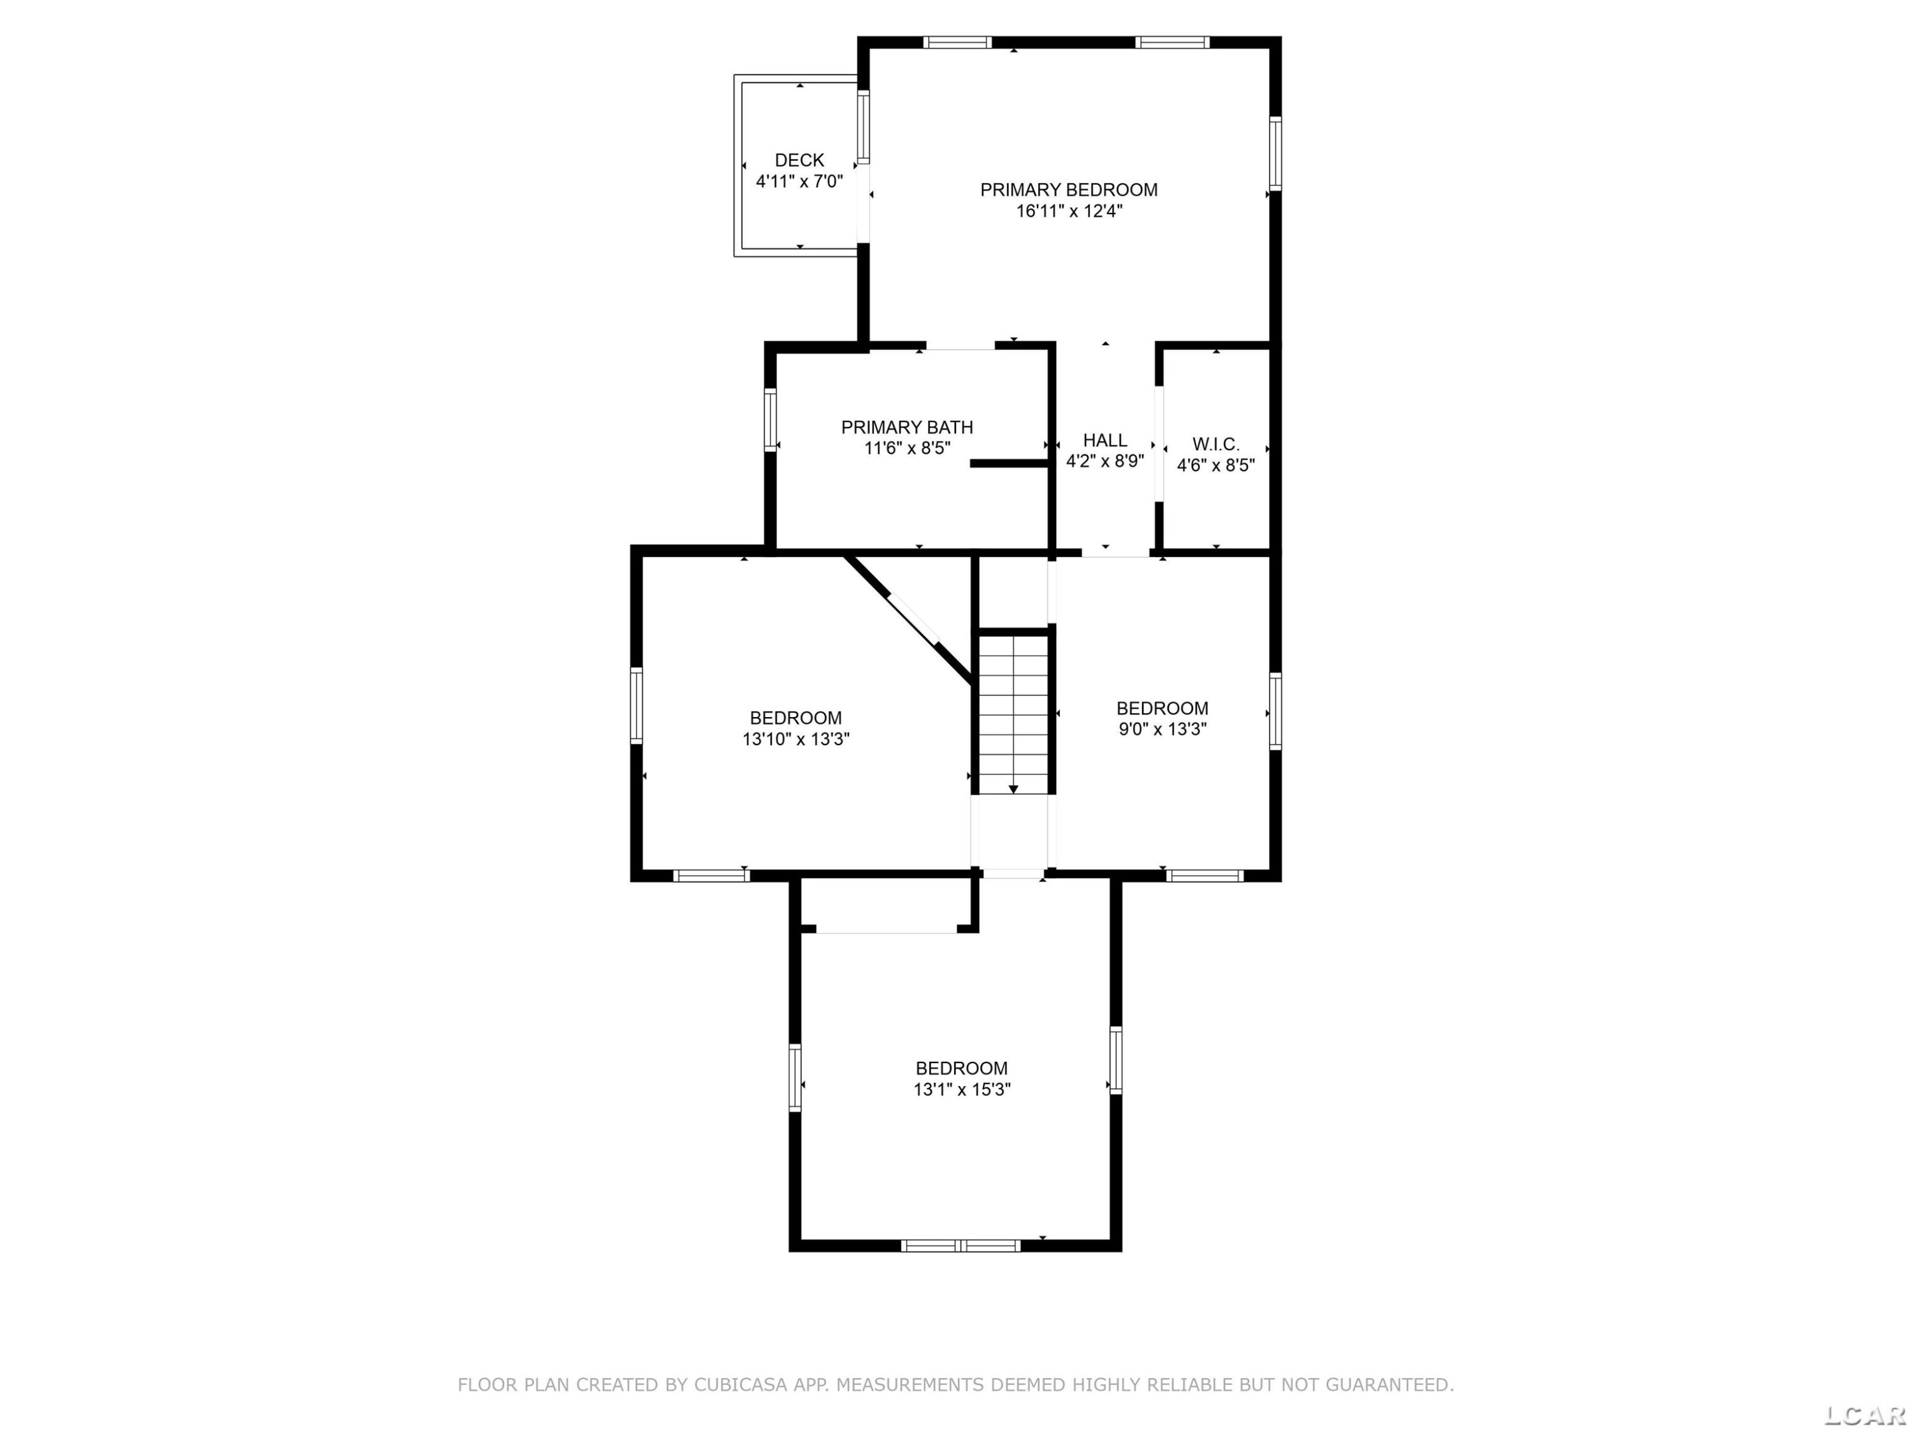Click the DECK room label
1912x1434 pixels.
pos(800,160)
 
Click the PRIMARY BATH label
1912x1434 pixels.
pos(907,427)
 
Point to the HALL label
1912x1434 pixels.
pos(1104,440)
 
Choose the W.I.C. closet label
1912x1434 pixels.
pos(1215,444)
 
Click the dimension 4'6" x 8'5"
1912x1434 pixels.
pos(1215,465)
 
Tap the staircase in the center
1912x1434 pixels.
pos(1013,713)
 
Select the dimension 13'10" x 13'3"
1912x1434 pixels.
pos(795,739)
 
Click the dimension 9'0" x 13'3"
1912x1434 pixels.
pos(1162,728)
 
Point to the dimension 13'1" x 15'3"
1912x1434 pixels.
pos(961,1089)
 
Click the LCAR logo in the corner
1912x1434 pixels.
pos(1864,1414)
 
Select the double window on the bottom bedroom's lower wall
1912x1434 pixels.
pos(960,1245)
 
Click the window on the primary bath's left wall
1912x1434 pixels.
pos(770,419)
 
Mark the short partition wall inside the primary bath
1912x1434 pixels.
pos(1010,463)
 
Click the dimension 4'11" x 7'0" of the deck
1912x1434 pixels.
pos(800,182)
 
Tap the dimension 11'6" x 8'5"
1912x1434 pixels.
pos(907,448)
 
